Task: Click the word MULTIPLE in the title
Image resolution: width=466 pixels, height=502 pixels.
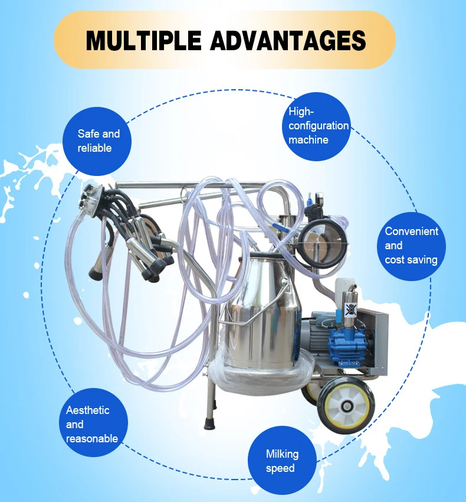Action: (143, 41)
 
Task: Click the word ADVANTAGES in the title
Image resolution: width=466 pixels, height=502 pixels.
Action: (288, 41)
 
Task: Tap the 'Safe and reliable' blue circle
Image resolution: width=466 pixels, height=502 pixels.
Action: (97, 141)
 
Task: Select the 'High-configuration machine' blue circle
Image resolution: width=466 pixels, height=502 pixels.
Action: (317, 126)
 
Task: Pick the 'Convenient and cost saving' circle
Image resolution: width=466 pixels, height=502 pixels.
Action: (411, 246)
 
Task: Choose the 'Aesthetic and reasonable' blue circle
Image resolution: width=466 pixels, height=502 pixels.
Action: (94, 423)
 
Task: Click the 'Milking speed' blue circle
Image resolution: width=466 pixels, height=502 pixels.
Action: (282, 461)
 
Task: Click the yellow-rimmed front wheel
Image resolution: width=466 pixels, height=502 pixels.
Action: (346, 406)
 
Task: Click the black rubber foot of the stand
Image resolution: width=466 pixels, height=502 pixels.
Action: (210, 423)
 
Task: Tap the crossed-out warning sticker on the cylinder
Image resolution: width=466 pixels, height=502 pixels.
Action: (350, 309)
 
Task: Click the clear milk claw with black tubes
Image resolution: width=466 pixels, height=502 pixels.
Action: (93, 200)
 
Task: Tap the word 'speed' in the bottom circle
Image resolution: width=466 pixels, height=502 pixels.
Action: (280, 468)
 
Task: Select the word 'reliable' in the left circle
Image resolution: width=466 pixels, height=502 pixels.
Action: (94, 148)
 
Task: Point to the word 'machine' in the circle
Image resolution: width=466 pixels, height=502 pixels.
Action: (309, 140)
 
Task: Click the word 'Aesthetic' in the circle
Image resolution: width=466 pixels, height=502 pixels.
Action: (88, 410)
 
